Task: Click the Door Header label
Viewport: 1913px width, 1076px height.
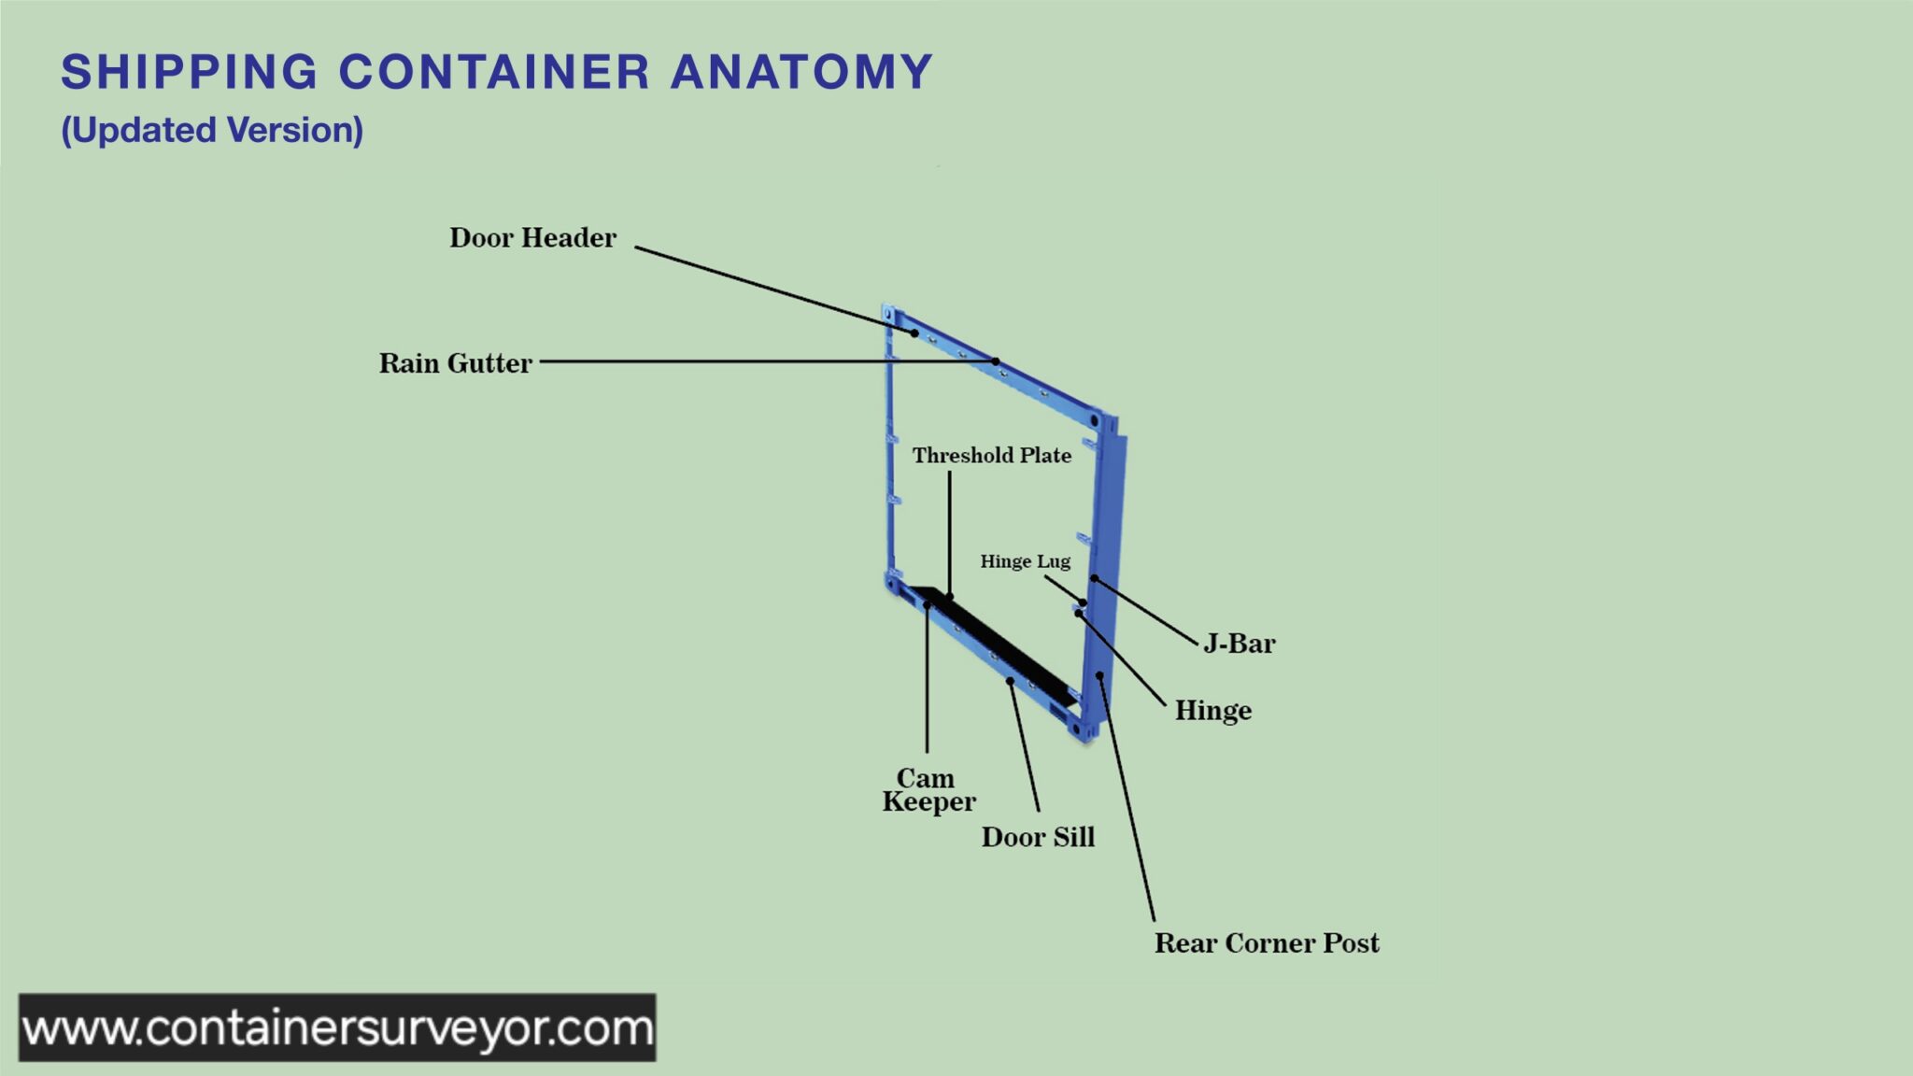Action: tap(532, 238)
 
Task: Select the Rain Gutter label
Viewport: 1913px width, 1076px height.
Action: tap(455, 363)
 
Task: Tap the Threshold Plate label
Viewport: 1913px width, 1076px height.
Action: tap(991, 456)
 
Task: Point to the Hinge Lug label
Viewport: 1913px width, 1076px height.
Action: tap(1025, 561)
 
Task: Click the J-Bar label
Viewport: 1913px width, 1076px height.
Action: tap(1239, 644)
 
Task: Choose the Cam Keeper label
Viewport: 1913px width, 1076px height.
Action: tap(928, 790)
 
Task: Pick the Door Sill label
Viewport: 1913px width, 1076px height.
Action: tap(1038, 837)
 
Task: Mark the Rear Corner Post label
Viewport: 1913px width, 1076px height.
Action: tap(1267, 943)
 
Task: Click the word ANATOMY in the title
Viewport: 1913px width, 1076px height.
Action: tap(801, 72)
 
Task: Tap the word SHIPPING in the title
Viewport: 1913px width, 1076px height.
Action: tap(190, 72)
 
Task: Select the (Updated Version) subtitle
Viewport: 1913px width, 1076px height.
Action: tap(212, 130)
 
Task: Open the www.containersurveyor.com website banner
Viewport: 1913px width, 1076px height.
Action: tap(337, 1027)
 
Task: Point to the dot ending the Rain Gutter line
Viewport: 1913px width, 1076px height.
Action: tap(996, 361)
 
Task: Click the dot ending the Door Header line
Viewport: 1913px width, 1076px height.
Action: tap(915, 333)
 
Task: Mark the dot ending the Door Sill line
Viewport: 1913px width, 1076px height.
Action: tap(1010, 681)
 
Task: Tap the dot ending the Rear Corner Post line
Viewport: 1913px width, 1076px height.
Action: tap(1100, 675)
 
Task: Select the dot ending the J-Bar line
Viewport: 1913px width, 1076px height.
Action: tap(1094, 579)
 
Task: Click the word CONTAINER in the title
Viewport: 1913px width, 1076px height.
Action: tap(494, 72)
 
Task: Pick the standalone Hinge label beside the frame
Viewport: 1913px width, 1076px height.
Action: tap(1212, 711)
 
